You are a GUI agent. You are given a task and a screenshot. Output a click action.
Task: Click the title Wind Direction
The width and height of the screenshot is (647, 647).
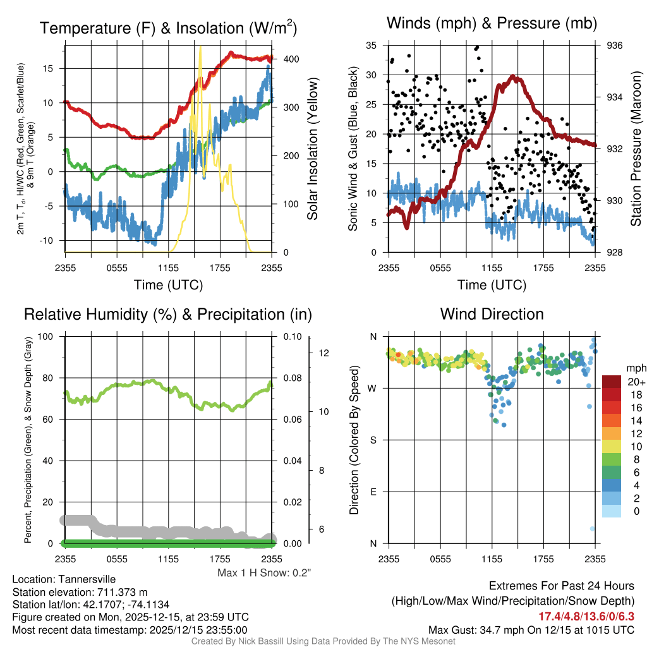pyautogui.click(x=492, y=314)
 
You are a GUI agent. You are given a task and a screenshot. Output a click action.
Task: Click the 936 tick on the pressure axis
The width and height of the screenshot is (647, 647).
pyautogui.click(x=615, y=45)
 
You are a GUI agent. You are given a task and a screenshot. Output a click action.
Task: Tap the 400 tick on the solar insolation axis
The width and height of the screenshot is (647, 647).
pyautogui.click(x=291, y=59)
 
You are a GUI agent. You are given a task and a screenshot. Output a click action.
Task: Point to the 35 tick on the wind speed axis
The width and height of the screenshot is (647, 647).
pyautogui.click(x=371, y=45)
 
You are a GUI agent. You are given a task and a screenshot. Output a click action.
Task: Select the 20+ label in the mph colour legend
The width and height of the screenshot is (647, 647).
pyautogui.click(x=635, y=382)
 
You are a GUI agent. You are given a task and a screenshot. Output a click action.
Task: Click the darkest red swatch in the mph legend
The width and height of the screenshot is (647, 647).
pyautogui.click(x=612, y=382)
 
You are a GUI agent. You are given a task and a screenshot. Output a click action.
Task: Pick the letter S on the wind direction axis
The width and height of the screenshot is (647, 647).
pyautogui.click(x=372, y=440)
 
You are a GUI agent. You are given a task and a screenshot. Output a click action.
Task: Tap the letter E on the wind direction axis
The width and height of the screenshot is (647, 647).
pyautogui.click(x=372, y=492)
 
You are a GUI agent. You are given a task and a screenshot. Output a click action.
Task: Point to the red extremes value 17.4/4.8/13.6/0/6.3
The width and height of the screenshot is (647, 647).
pyautogui.click(x=586, y=617)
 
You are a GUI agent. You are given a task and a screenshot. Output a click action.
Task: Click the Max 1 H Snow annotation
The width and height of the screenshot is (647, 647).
pyautogui.click(x=265, y=572)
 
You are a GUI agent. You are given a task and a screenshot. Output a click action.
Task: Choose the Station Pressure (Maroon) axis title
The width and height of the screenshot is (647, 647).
pyautogui.click(x=636, y=148)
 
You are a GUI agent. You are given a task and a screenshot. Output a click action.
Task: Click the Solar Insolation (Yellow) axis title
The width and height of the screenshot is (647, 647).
pyautogui.click(x=313, y=148)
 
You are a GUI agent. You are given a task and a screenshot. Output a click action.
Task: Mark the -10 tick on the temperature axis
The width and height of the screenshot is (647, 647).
pyautogui.click(x=51, y=240)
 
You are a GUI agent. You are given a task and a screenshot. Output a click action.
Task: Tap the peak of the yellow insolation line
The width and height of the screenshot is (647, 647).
pyautogui.click(x=200, y=47)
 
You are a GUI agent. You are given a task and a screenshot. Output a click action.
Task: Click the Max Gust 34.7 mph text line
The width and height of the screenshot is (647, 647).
pyautogui.click(x=531, y=629)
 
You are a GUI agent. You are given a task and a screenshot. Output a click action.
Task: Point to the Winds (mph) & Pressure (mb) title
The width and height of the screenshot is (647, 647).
pyautogui.click(x=492, y=24)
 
